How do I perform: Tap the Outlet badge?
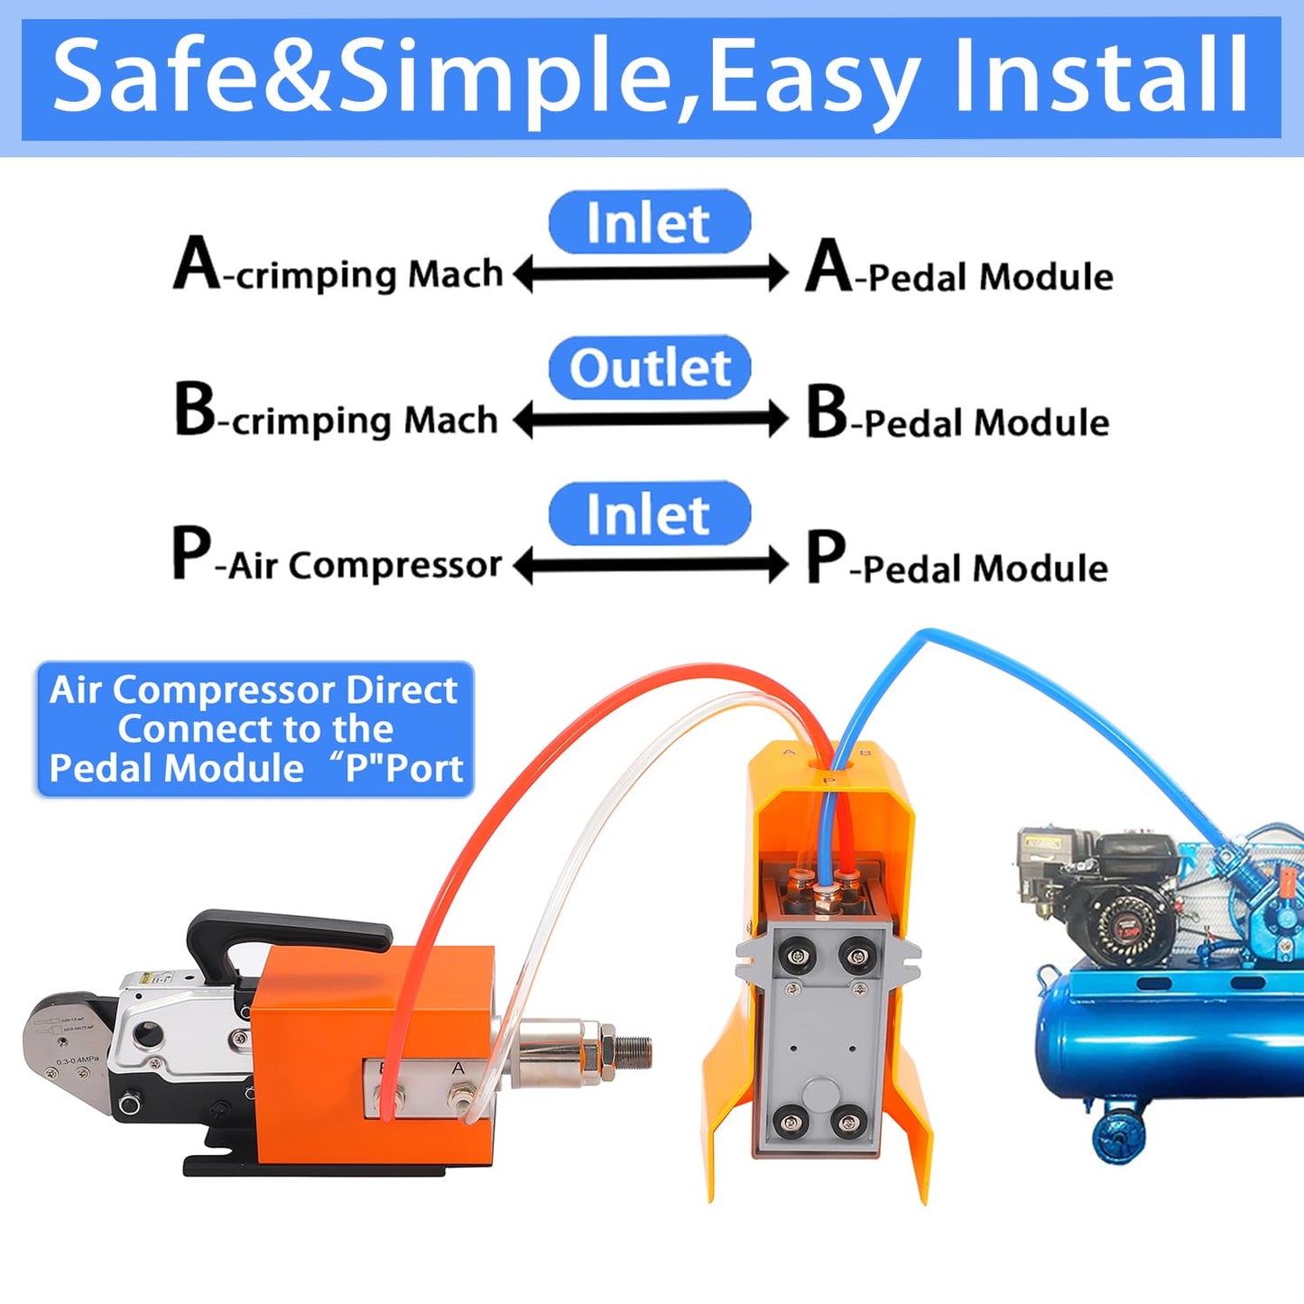650,368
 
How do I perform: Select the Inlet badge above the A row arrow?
649,222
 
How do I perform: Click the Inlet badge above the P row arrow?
649,514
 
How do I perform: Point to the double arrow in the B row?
651,420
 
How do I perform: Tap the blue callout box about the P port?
254,729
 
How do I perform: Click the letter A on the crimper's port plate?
458,1069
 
